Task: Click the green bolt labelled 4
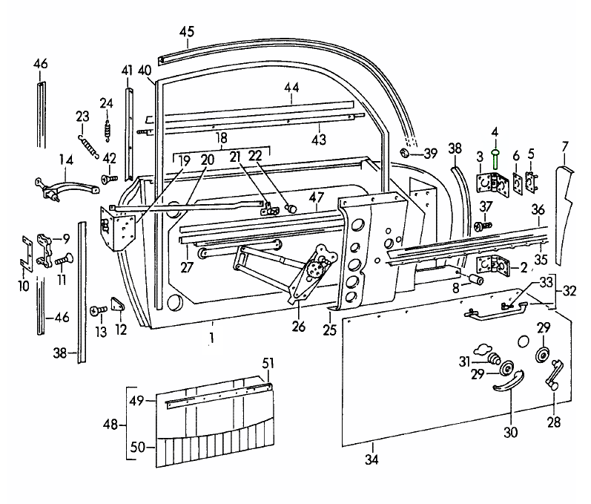(495, 158)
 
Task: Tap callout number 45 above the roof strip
(187, 31)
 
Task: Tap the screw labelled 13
(96, 310)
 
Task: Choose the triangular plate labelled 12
(117, 305)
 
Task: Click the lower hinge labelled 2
(489, 264)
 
